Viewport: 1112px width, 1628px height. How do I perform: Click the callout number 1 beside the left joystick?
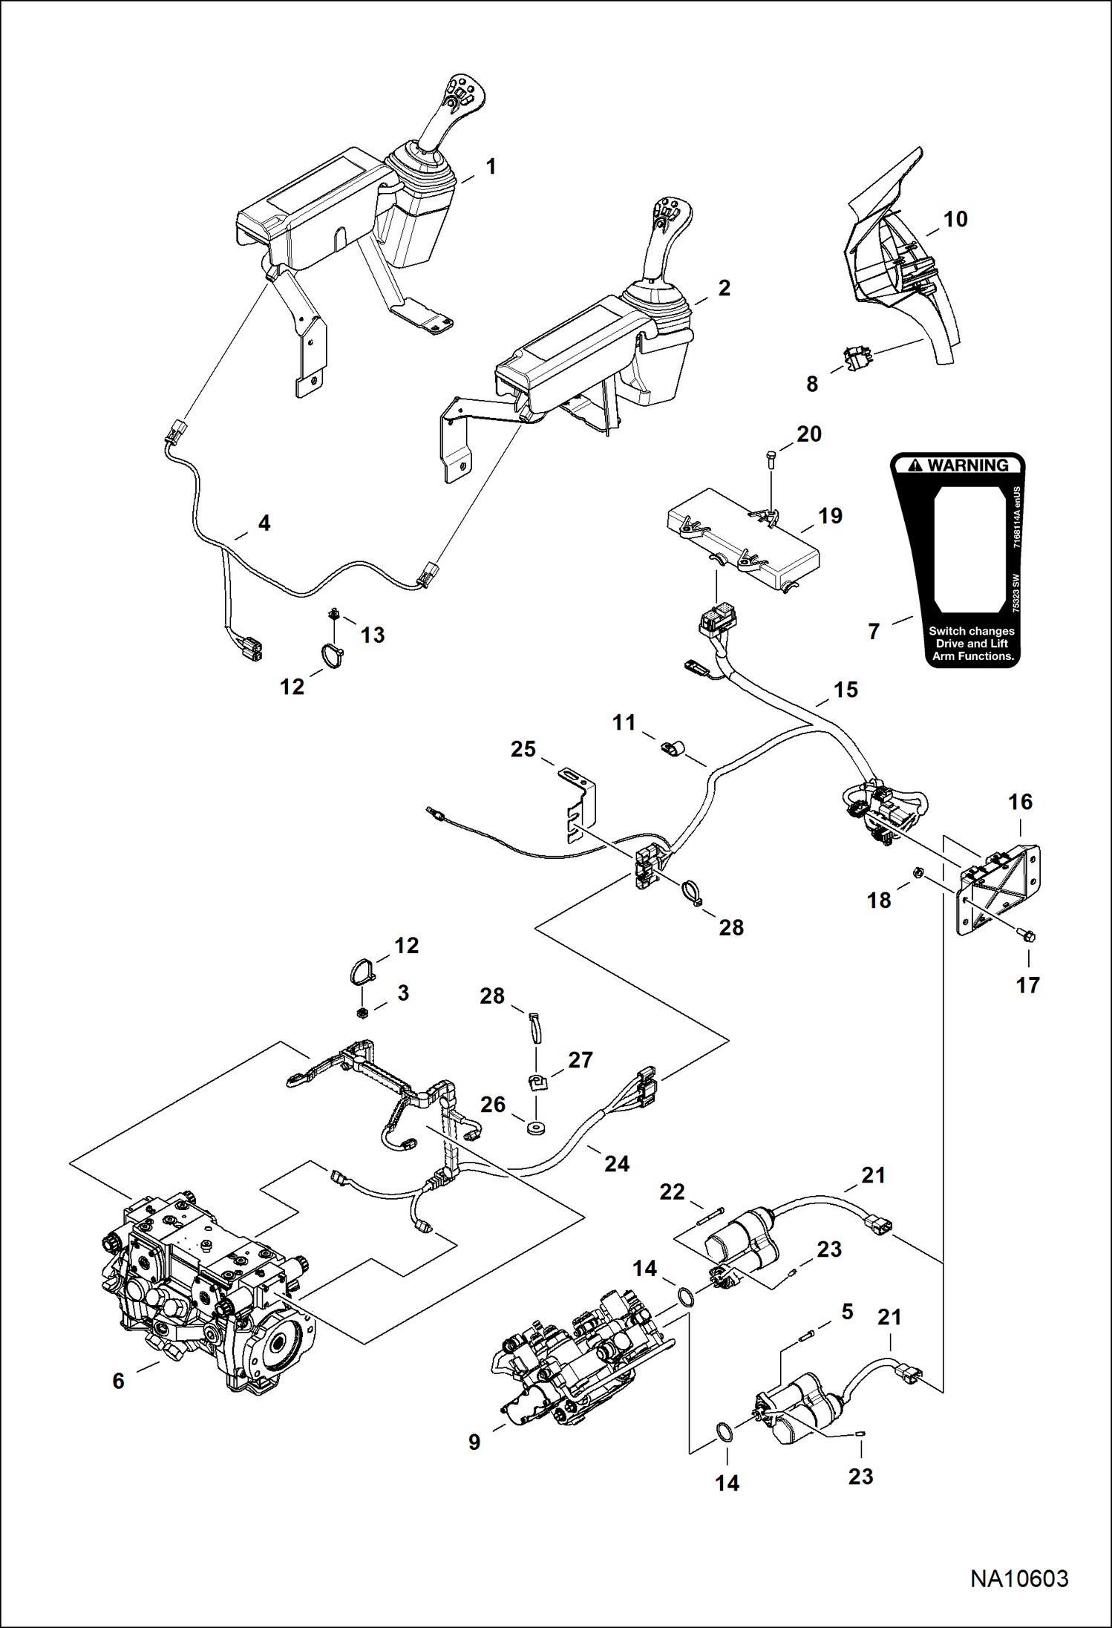491,167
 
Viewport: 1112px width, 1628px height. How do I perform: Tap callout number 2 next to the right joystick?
724,288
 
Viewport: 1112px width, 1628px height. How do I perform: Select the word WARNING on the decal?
968,465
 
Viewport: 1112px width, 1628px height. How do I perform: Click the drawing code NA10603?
1019,1578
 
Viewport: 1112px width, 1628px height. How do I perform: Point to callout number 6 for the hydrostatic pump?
119,1381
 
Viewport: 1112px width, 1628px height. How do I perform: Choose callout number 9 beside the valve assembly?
474,1442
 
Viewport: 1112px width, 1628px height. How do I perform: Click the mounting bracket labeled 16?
998,887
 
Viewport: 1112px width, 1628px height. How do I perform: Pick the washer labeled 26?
532,1129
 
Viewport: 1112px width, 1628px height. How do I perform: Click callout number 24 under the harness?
616,1163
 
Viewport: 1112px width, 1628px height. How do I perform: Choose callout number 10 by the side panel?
955,220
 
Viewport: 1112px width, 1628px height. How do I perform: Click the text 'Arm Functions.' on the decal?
972,656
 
